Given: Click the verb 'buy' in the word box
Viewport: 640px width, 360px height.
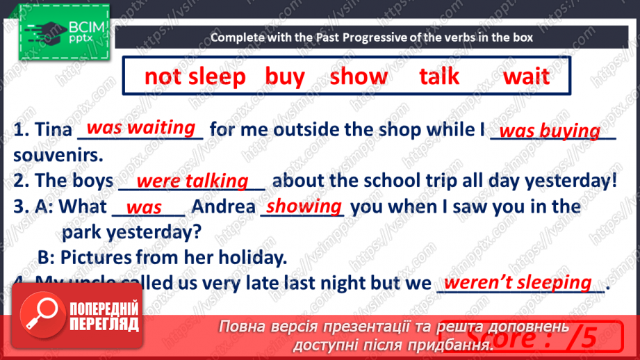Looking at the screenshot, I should (x=285, y=76).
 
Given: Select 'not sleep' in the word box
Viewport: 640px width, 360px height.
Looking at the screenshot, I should (x=195, y=76).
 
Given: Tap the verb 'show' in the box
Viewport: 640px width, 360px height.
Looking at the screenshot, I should (x=359, y=76).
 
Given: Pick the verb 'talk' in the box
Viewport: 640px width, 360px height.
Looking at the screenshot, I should (x=439, y=76).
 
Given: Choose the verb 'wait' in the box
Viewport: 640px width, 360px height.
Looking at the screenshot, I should (x=526, y=76).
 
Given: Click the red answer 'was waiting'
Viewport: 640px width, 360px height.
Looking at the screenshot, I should (x=141, y=128).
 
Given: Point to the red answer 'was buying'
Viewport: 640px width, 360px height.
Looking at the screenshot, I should (x=550, y=131).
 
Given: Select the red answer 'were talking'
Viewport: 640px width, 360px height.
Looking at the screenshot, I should (x=192, y=181).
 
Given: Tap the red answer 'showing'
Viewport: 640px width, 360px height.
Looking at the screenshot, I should (x=304, y=206).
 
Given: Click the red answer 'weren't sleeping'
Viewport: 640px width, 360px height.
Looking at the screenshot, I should (x=518, y=283).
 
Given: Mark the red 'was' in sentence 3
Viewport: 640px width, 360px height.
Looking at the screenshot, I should (x=145, y=208).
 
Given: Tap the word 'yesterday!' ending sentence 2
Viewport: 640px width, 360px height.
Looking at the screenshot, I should (x=571, y=181).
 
